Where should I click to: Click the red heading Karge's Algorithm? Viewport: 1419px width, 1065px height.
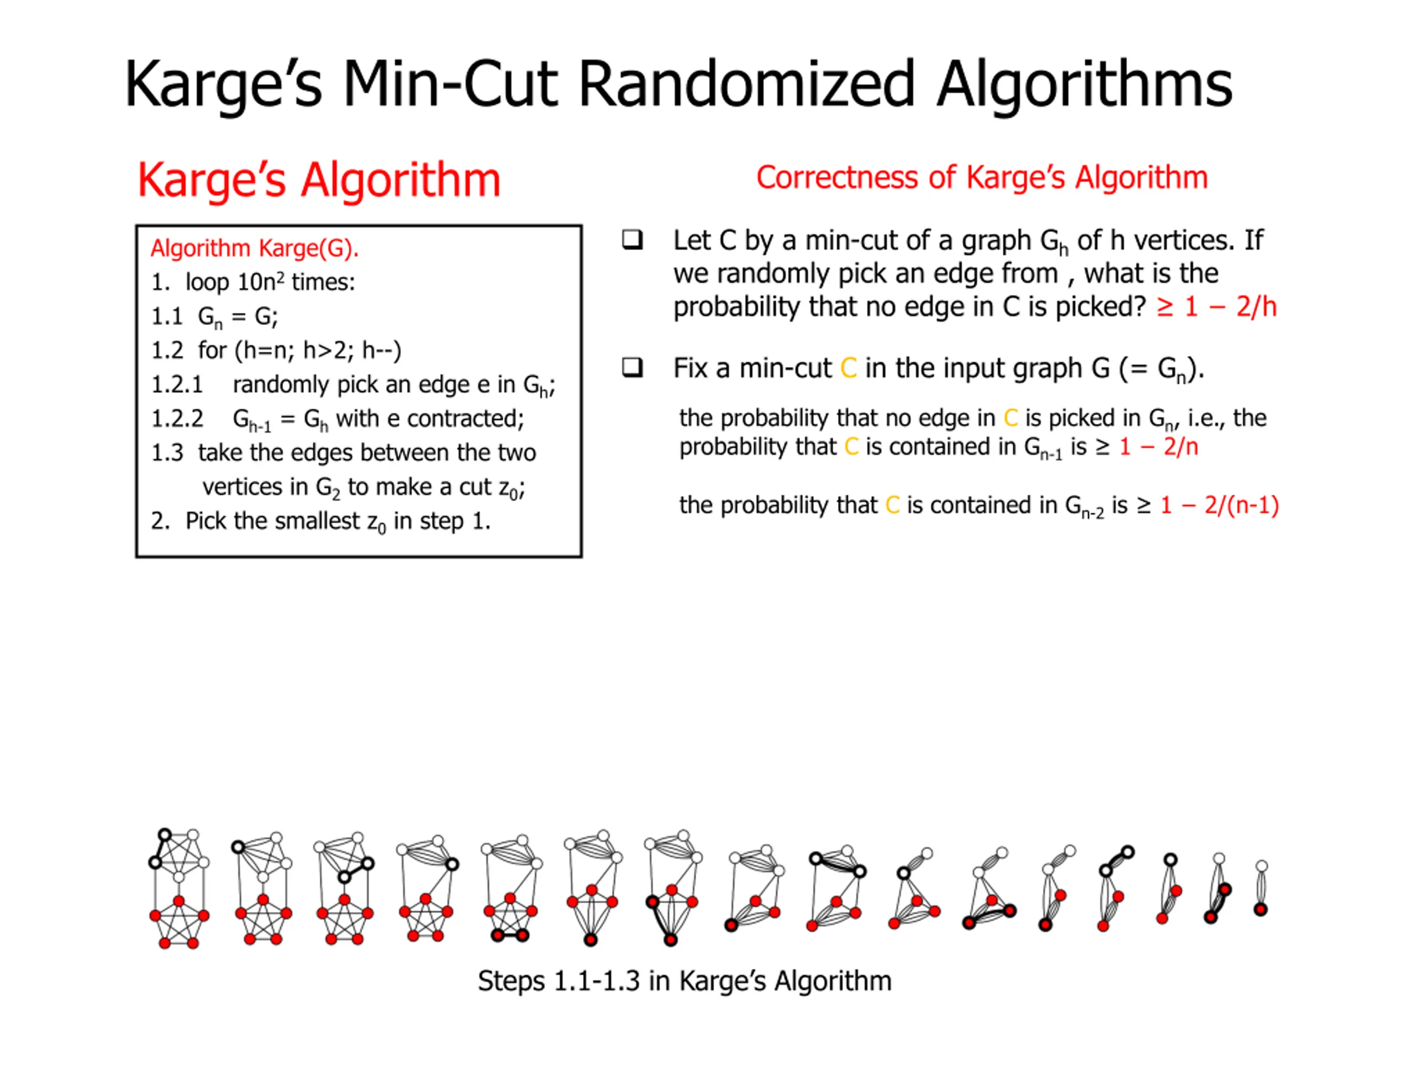pyautogui.click(x=319, y=180)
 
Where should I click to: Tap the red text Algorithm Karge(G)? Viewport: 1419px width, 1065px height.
pyautogui.click(x=254, y=248)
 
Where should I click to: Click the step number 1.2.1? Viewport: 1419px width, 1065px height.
pyautogui.click(x=176, y=384)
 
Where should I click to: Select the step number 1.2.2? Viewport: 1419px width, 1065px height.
pyautogui.click(x=177, y=419)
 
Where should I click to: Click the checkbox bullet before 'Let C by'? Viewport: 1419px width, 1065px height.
pyautogui.click(x=632, y=240)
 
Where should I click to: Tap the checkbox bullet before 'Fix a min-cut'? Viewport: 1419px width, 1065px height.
pyautogui.click(x=632, y=368)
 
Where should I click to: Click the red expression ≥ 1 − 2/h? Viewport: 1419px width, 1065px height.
pyautogui.click(x=1216, y=307)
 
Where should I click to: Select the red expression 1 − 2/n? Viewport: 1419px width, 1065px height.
pyautogui.click(x=1158, y=447)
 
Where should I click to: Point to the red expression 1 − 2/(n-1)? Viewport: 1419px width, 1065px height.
pyautogui.click(x=1219, y=505)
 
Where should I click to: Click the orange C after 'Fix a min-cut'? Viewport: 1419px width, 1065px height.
pyautogui.click(x=848, y=368)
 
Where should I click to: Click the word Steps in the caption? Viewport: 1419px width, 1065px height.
pyautogui.click(x=511, y=981)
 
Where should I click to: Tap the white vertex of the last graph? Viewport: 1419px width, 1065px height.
pyautogui.click(x=1261, y=866)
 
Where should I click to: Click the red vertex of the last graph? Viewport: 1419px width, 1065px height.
pyautogui.click(x=1260, y=909)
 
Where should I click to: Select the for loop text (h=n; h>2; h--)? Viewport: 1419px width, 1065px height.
pyautogui.click(x=318, y=351)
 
